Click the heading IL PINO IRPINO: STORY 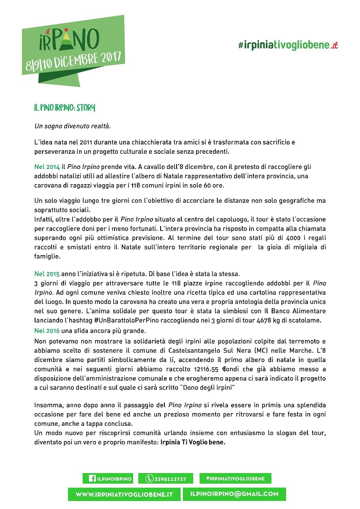pyautogui.click(x=65, y=108)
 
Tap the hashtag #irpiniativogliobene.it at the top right pyautogui.click(x=288, y=46)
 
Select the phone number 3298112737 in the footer pyautogui.click(x=170, y=479)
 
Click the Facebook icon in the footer pyautogui.click(x=92, y=479)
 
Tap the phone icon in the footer pyautogui.click(x=149, y=479)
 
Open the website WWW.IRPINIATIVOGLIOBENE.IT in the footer pyautogui.click(x=124, y=494)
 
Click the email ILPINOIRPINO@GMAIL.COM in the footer pyautogui.click(x=234, y=494)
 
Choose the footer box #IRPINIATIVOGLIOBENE pyautogui.click(x=235, y=478)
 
